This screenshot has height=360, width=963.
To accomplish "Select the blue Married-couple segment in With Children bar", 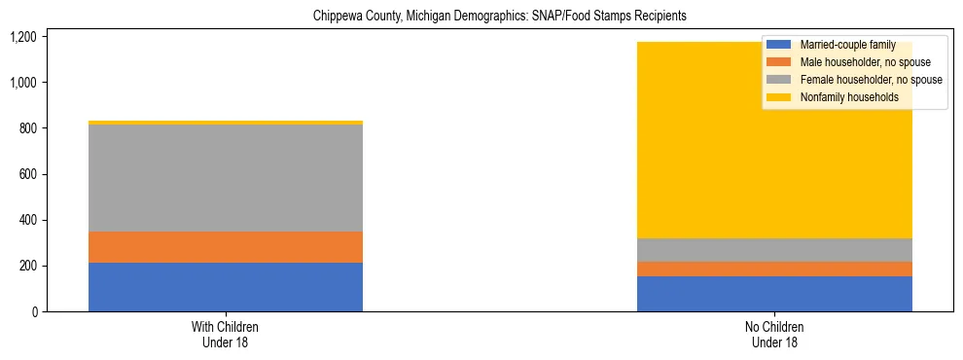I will tap(226, 287).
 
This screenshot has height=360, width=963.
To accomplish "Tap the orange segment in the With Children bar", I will tap(226, 247).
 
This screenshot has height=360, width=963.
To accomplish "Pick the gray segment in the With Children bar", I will tap(226, 178).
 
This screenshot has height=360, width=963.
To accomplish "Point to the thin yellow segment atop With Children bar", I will tap(226, 123).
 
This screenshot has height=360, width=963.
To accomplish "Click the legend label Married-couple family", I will tap(846, 45).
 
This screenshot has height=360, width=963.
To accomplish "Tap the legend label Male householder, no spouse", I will tap(865, 62).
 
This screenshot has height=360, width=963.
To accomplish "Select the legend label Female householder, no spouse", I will tap(870, 80).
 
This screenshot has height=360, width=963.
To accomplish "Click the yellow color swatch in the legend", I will tap(779, 97).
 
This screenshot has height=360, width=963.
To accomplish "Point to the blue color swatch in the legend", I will tap(779, 45).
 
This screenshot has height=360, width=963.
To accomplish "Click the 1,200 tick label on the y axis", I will tap(22, 37).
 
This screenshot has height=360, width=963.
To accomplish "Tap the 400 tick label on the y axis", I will tap(27, 220).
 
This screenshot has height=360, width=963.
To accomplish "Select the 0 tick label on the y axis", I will tap(33, 312).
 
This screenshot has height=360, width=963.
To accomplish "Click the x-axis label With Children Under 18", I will tap(226, 335).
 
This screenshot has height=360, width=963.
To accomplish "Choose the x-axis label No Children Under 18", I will tap(774, 335).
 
